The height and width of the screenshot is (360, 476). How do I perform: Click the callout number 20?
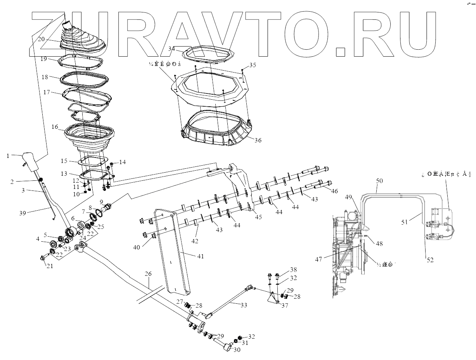click(x=42, y=39)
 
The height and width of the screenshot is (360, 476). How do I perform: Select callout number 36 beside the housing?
click(x=258, y=141)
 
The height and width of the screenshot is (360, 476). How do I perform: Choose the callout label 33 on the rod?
click(x=243, y=305)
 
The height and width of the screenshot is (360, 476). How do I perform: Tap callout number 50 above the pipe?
click(x=379, y=181)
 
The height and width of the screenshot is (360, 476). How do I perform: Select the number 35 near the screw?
click(x=253, y=65)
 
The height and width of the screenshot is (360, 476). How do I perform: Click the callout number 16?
click(x=54, y=127)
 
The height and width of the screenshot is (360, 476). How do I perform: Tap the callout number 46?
click(x=334, y=192)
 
